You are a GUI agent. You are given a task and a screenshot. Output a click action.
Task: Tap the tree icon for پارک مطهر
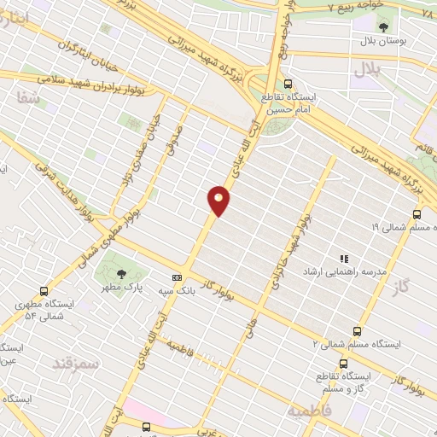click(x=121, y=273)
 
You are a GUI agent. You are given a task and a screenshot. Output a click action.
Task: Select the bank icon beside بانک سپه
click(x=178, y=277)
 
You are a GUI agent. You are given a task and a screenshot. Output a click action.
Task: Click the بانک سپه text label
click(x=177, y=291)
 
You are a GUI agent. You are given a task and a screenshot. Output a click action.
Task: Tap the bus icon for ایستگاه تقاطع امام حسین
click(x=288, y=84)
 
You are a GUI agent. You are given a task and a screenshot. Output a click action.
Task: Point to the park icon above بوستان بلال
click(x=382, y=28)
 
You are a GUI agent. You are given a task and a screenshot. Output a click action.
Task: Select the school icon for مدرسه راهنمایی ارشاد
click(x=345, y=258)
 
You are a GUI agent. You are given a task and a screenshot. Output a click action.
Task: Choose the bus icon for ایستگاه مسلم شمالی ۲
click(x=357, y=331)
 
